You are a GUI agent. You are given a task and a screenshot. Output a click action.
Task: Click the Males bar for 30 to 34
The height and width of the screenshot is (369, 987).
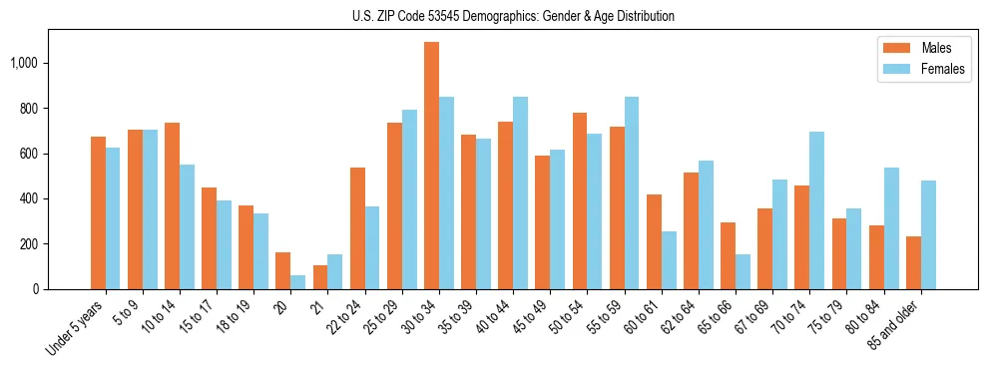(x=431, y=166)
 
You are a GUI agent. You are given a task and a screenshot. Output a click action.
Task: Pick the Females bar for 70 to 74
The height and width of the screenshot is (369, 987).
(x=817, y=210)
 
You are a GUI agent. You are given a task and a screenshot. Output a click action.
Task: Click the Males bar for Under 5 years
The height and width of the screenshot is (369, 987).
(x=98, y=212)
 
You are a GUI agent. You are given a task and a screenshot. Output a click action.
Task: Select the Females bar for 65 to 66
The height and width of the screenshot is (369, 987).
(x=742, y=271)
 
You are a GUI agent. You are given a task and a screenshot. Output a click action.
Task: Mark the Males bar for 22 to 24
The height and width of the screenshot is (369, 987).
(x=357, y=228)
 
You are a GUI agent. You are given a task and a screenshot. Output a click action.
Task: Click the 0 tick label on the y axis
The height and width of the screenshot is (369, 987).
(x=36, y=289)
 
